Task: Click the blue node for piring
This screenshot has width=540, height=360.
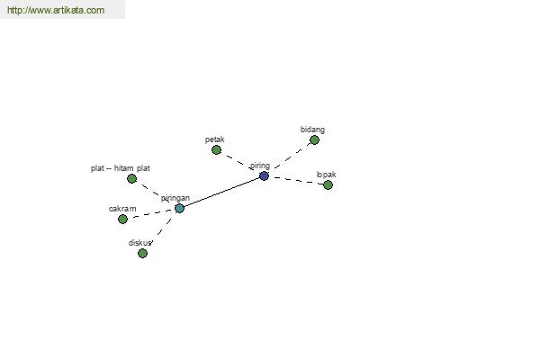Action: click(264, 176)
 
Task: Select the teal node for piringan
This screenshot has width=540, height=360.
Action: click(179, 209)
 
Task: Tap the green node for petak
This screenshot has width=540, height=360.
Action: click(216, 150)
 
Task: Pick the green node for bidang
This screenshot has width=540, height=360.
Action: click(314, 139)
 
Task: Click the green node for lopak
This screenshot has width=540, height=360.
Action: click(328, 185)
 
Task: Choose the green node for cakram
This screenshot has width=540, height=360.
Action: click(122, 219)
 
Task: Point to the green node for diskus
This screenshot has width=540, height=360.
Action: click(142, 254)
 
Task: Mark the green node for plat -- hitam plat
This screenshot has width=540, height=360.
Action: click(132, 179)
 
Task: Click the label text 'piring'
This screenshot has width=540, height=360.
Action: click(260, 166)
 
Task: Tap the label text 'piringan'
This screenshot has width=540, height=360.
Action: click(175, 198)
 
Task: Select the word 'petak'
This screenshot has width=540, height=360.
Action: click(214, 139)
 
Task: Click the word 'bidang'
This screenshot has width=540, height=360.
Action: click(312, 130)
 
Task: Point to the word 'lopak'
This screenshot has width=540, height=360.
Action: click(326, 175)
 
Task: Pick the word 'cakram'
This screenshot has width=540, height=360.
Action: click(122, 209)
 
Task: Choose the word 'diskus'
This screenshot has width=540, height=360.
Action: click(139, 243)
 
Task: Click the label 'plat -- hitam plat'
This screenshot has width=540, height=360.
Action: click(121, 168)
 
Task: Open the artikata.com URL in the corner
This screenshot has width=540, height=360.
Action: click(56, 10)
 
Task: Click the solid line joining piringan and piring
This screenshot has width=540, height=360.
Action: click(221, 193)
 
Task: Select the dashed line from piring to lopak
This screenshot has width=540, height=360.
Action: click(298, 181)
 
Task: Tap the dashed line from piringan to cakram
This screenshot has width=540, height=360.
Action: click(151, 213)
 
